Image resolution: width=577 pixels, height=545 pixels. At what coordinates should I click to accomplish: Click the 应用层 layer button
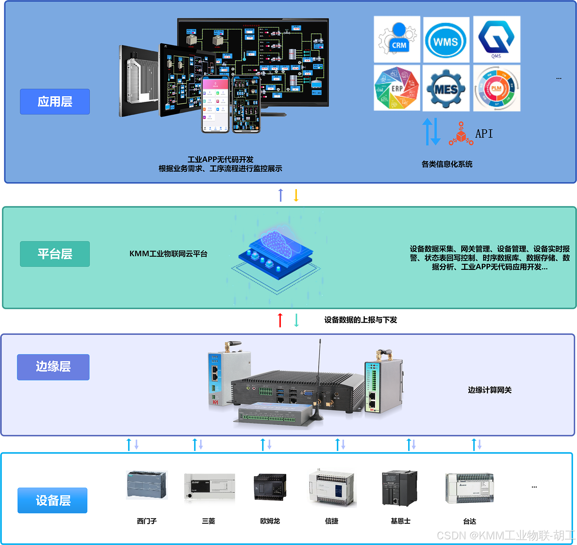[x=55, y=102]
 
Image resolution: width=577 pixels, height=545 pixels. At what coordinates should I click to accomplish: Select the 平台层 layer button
[x=55, y=254]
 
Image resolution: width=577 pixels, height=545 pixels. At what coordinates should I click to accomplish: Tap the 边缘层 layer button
[x=53, y=367]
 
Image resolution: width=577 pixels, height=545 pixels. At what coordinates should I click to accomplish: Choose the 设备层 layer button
[x=53, y=500]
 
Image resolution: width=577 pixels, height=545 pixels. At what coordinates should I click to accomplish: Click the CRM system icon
[x=397, y=39]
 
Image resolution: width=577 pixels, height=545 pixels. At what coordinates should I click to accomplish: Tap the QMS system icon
[x=496, y=39]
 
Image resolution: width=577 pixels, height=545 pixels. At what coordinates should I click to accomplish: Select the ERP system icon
[x=397, y=88]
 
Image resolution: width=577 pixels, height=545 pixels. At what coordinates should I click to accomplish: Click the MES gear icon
[x=446, y=88]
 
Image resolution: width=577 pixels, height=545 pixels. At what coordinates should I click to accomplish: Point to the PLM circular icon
[x=496, y=88]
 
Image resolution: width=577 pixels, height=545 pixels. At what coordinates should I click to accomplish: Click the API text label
[x=484, y=134]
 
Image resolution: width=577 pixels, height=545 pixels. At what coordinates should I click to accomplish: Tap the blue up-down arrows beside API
[x=431, y=131]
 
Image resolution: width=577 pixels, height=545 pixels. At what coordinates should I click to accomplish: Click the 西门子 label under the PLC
[x=147, y=521]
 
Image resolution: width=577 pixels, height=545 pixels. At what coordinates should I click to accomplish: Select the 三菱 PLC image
[x=209, y=486]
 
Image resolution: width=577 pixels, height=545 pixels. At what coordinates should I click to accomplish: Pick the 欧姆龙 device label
[x=270, y=521]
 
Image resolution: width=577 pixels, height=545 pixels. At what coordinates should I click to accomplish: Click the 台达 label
[x=469, y=521]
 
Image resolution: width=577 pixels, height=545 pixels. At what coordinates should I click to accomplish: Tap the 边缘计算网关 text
[x=490, y=390]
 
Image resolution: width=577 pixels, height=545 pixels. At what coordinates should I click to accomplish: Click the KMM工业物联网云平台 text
[x=168, y=254]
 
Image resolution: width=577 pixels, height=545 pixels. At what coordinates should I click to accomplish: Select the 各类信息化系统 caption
[x=447, y=164]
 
